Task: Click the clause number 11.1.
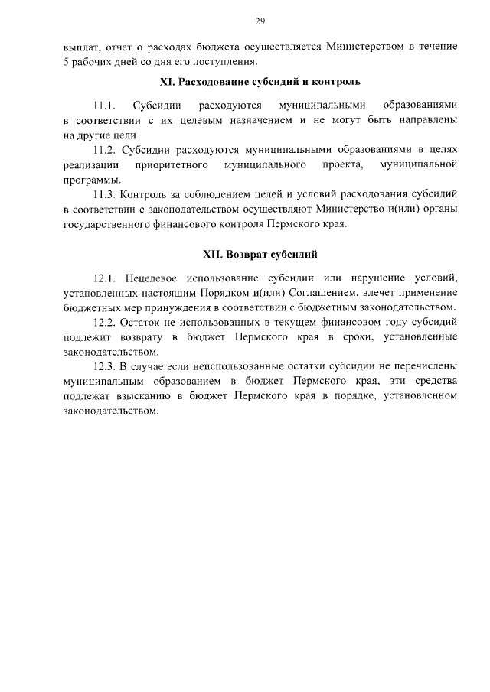click(103, 105)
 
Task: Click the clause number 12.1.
click(104, 277)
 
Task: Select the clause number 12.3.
click(104, 366)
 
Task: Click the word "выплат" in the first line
click(80, 47)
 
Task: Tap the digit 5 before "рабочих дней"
click(66, 62)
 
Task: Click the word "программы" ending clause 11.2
click(88, 180)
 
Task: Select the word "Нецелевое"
click(152, 277)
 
